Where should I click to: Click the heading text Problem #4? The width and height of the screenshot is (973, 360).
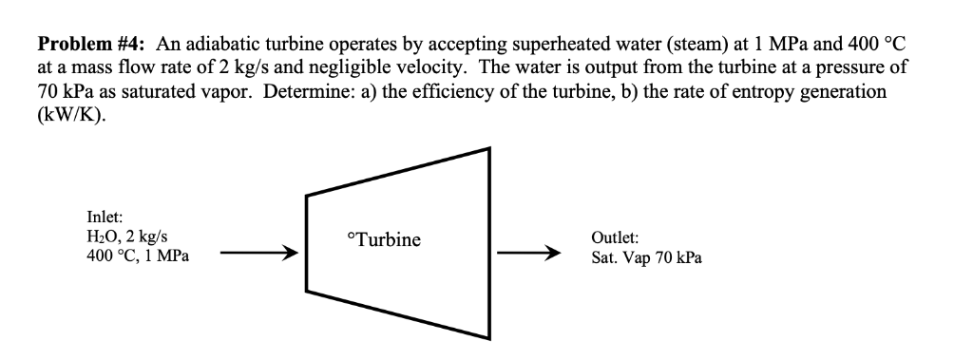[92, 44]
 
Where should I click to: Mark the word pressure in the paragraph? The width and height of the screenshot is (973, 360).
[844, 68]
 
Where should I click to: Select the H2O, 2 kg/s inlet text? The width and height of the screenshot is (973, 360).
[129, 238]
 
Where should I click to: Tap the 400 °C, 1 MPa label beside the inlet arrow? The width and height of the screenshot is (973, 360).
[137, 256]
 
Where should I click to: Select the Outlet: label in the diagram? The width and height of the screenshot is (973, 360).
[615, 239]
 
